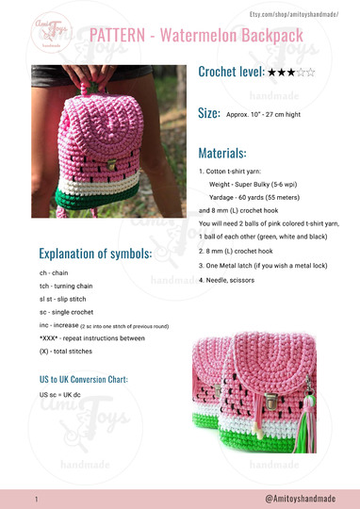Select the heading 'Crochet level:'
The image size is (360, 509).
point(231,71)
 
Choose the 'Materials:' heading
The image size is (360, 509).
point(222,153)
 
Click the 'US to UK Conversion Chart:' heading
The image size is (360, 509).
point(83,379)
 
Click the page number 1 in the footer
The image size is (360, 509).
point(35,498)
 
